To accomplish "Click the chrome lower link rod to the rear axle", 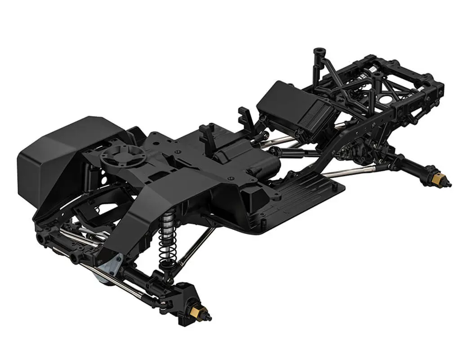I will pos(346,172).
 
